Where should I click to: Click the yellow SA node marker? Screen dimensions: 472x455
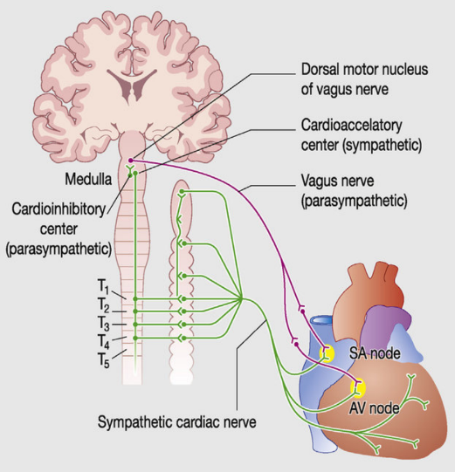[x=327, y=353]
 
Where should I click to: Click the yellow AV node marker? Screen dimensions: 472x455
[x=358, y=386]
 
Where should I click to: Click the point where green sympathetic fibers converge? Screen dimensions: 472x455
[x=241, y=300]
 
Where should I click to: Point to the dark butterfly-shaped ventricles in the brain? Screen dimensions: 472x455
[x=127, y=84]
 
